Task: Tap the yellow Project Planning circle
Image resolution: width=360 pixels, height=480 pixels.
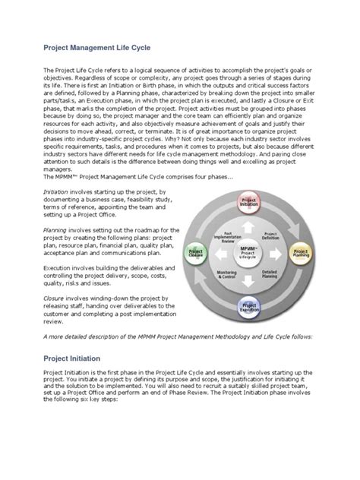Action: click(x=302, y=251)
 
